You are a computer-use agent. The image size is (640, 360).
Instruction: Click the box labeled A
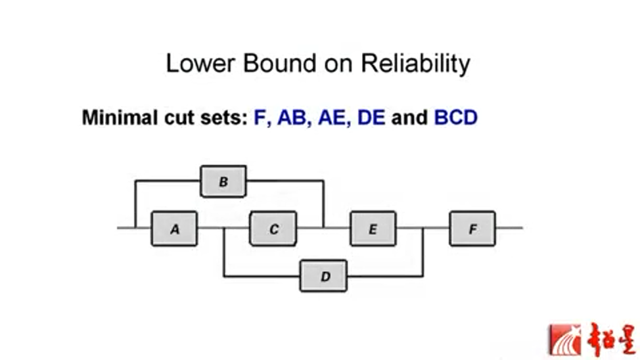point(174,229)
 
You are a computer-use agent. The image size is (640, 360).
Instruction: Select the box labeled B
point(223,181)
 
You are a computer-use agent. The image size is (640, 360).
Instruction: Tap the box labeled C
point(273,229)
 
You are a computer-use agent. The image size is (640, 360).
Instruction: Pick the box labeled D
point(325,276)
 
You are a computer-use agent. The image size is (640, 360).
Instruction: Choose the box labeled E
point(373,229)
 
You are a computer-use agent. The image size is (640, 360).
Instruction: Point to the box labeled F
point(472,229)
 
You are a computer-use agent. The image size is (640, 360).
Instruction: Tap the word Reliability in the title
point(416,64)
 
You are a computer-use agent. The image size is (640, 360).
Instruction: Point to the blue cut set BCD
point(455,118)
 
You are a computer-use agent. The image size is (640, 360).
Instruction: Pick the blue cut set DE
point(371,118)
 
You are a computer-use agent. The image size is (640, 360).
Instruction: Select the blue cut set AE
point(332,118)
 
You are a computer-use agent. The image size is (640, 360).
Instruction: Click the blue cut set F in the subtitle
point(260,118)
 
